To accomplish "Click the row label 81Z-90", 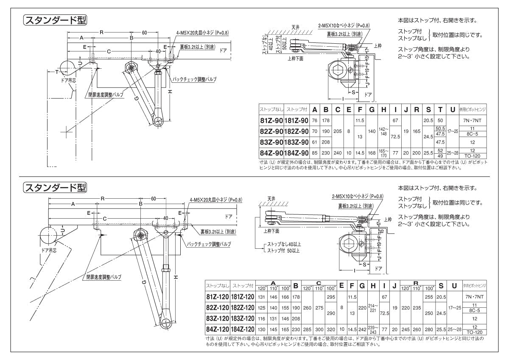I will tap(271, 121).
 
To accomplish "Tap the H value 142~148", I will tap(383, 132).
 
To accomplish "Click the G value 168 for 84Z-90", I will tap(372, 153).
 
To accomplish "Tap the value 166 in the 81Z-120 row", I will tap(285, 297).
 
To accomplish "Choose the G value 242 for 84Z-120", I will tap(362, 329).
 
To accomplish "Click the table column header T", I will tap(440, 110).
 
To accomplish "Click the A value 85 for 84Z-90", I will tap(315, 153).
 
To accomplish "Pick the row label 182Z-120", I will tap(243, 308).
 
